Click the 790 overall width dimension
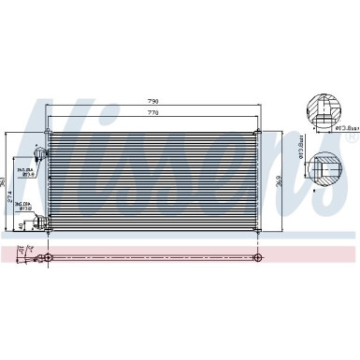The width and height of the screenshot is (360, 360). pos(153,101)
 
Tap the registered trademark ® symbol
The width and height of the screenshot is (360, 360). pos(352,138)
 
